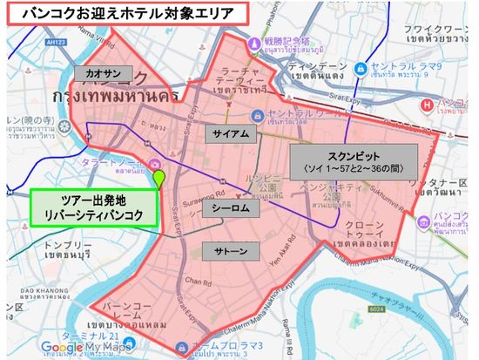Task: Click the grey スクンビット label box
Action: [354, 160]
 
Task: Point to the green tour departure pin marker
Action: [159, 178]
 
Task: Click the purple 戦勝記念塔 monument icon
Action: [253, 41]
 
